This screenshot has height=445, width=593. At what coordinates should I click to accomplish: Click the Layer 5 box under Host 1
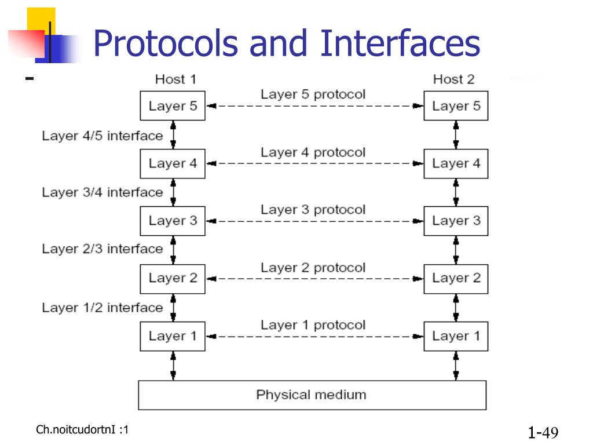pyautogui.click(x=173, y=106)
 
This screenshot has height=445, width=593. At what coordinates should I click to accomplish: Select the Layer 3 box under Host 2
pyautogui.click(x=456, y=221)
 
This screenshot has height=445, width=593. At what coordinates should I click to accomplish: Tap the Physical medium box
pyautogui.click(x=312, y=395)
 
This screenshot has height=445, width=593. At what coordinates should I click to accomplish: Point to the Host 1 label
pyautogui.click(x=175, y=79)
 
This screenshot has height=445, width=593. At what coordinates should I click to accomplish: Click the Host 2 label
pyautogui.click(x=453, y=79)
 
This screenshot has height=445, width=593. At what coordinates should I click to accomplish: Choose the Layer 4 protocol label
pyautogui.click(x=313, y=152)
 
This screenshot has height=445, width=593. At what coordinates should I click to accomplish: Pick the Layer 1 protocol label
pyautogui.click(x=313, y=325)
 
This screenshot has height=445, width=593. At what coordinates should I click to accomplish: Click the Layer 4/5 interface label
pyautogui.click(x=102, y=136)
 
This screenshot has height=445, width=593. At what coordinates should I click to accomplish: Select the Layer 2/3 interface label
pyautogui.click(x=102, y=249)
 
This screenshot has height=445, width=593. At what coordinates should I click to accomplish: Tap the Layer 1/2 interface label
pyautogui.click(x=102, y=307)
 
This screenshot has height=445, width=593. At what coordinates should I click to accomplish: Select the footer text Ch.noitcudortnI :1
pyautogui.click(x=82, y=429)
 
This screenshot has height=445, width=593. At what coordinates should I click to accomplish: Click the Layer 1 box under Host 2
pyautogui.click(x=456, y=336)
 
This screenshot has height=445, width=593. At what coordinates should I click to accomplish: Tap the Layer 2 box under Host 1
pyautogui.click(x=173, y=278)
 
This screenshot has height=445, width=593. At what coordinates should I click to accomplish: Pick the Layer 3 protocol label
pyautogui.click(x=313, y=210)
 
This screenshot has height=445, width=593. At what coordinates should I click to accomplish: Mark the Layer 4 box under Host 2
pyautogui.click(x=456, y=163)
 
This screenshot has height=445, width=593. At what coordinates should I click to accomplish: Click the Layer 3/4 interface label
pyautogui.click(x=102, y=192)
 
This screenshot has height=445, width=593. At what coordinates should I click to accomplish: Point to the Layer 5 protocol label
pyautogui.click(x=313, y=94)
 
